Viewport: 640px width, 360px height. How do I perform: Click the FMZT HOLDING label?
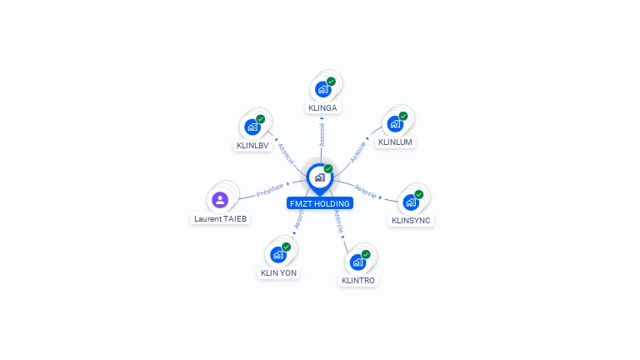320,203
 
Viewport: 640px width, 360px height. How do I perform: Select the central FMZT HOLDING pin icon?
320,177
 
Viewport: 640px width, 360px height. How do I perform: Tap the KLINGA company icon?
323,88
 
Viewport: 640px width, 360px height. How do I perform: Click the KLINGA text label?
323,108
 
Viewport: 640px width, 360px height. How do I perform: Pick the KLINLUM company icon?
395,123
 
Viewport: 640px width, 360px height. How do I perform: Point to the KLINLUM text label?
395,142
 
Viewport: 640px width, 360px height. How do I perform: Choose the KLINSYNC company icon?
411,202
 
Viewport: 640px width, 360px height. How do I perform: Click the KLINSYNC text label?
411,221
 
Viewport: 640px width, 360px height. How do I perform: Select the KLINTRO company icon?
358,262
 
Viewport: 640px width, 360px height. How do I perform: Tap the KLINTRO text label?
358,281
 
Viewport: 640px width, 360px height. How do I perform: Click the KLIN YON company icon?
278,254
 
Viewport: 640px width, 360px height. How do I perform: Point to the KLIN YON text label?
278,272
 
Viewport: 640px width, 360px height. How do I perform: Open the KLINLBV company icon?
252,127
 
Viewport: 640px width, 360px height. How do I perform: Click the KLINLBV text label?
252,146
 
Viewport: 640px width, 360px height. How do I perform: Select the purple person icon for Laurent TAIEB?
220,199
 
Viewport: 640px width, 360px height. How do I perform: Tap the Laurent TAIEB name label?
221,219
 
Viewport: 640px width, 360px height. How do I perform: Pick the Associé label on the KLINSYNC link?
366,190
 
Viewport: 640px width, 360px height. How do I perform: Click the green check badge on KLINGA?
331,82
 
